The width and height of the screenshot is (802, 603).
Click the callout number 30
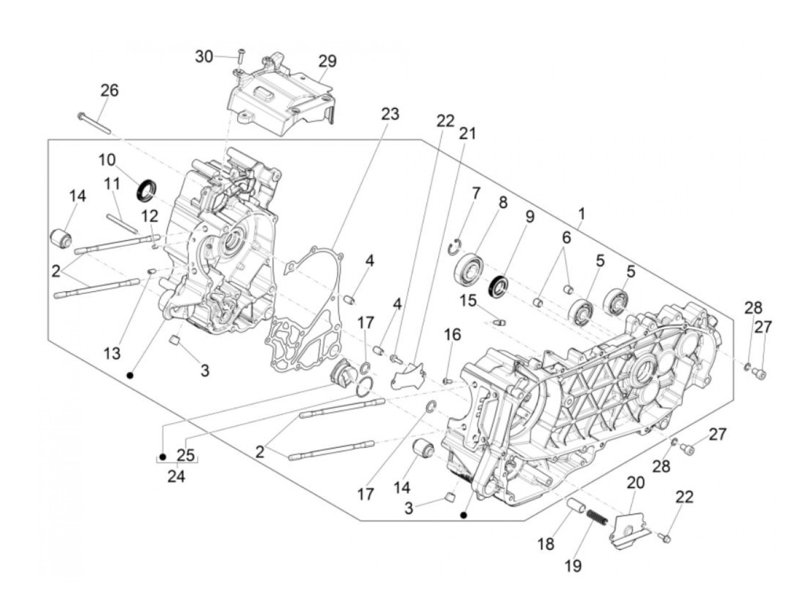[x=204, y=57]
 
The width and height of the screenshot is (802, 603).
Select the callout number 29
[x=327, y=61]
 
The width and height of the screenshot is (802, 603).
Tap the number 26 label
[x=109, y=90]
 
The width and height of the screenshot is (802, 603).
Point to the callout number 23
[x=390, y=114]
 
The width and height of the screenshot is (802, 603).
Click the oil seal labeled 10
[x=147, y=190]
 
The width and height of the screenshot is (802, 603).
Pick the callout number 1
[x=581, y=214]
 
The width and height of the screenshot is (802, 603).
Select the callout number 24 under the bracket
[x=176, y=476]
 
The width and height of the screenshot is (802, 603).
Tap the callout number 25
[x=186, y=455]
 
